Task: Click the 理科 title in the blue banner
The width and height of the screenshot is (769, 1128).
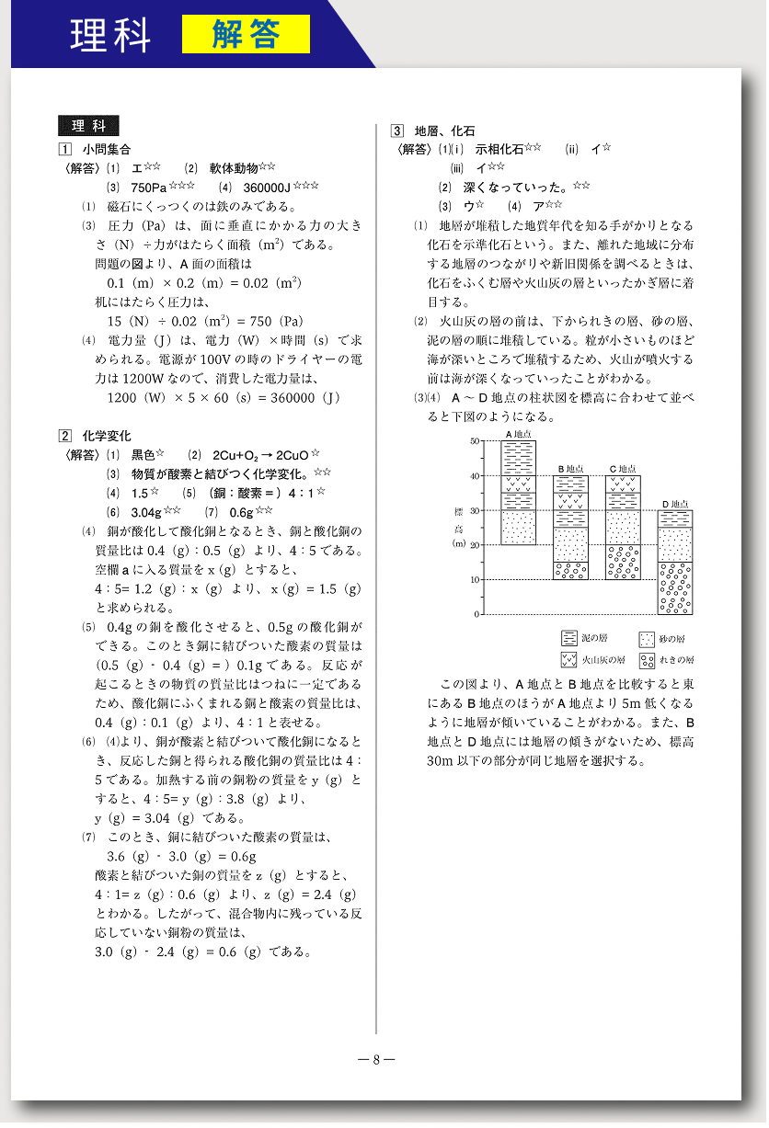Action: tap(110, 34)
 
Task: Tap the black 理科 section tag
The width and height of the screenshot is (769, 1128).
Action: tap(88, 127)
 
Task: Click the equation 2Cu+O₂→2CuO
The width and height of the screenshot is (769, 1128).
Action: tap(260, 455)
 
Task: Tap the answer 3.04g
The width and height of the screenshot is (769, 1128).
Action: tap(146, 512)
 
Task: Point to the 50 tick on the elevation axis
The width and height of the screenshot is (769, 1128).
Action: tap(475, 441)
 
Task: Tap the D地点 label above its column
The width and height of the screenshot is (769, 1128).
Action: tap(676, 504)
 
